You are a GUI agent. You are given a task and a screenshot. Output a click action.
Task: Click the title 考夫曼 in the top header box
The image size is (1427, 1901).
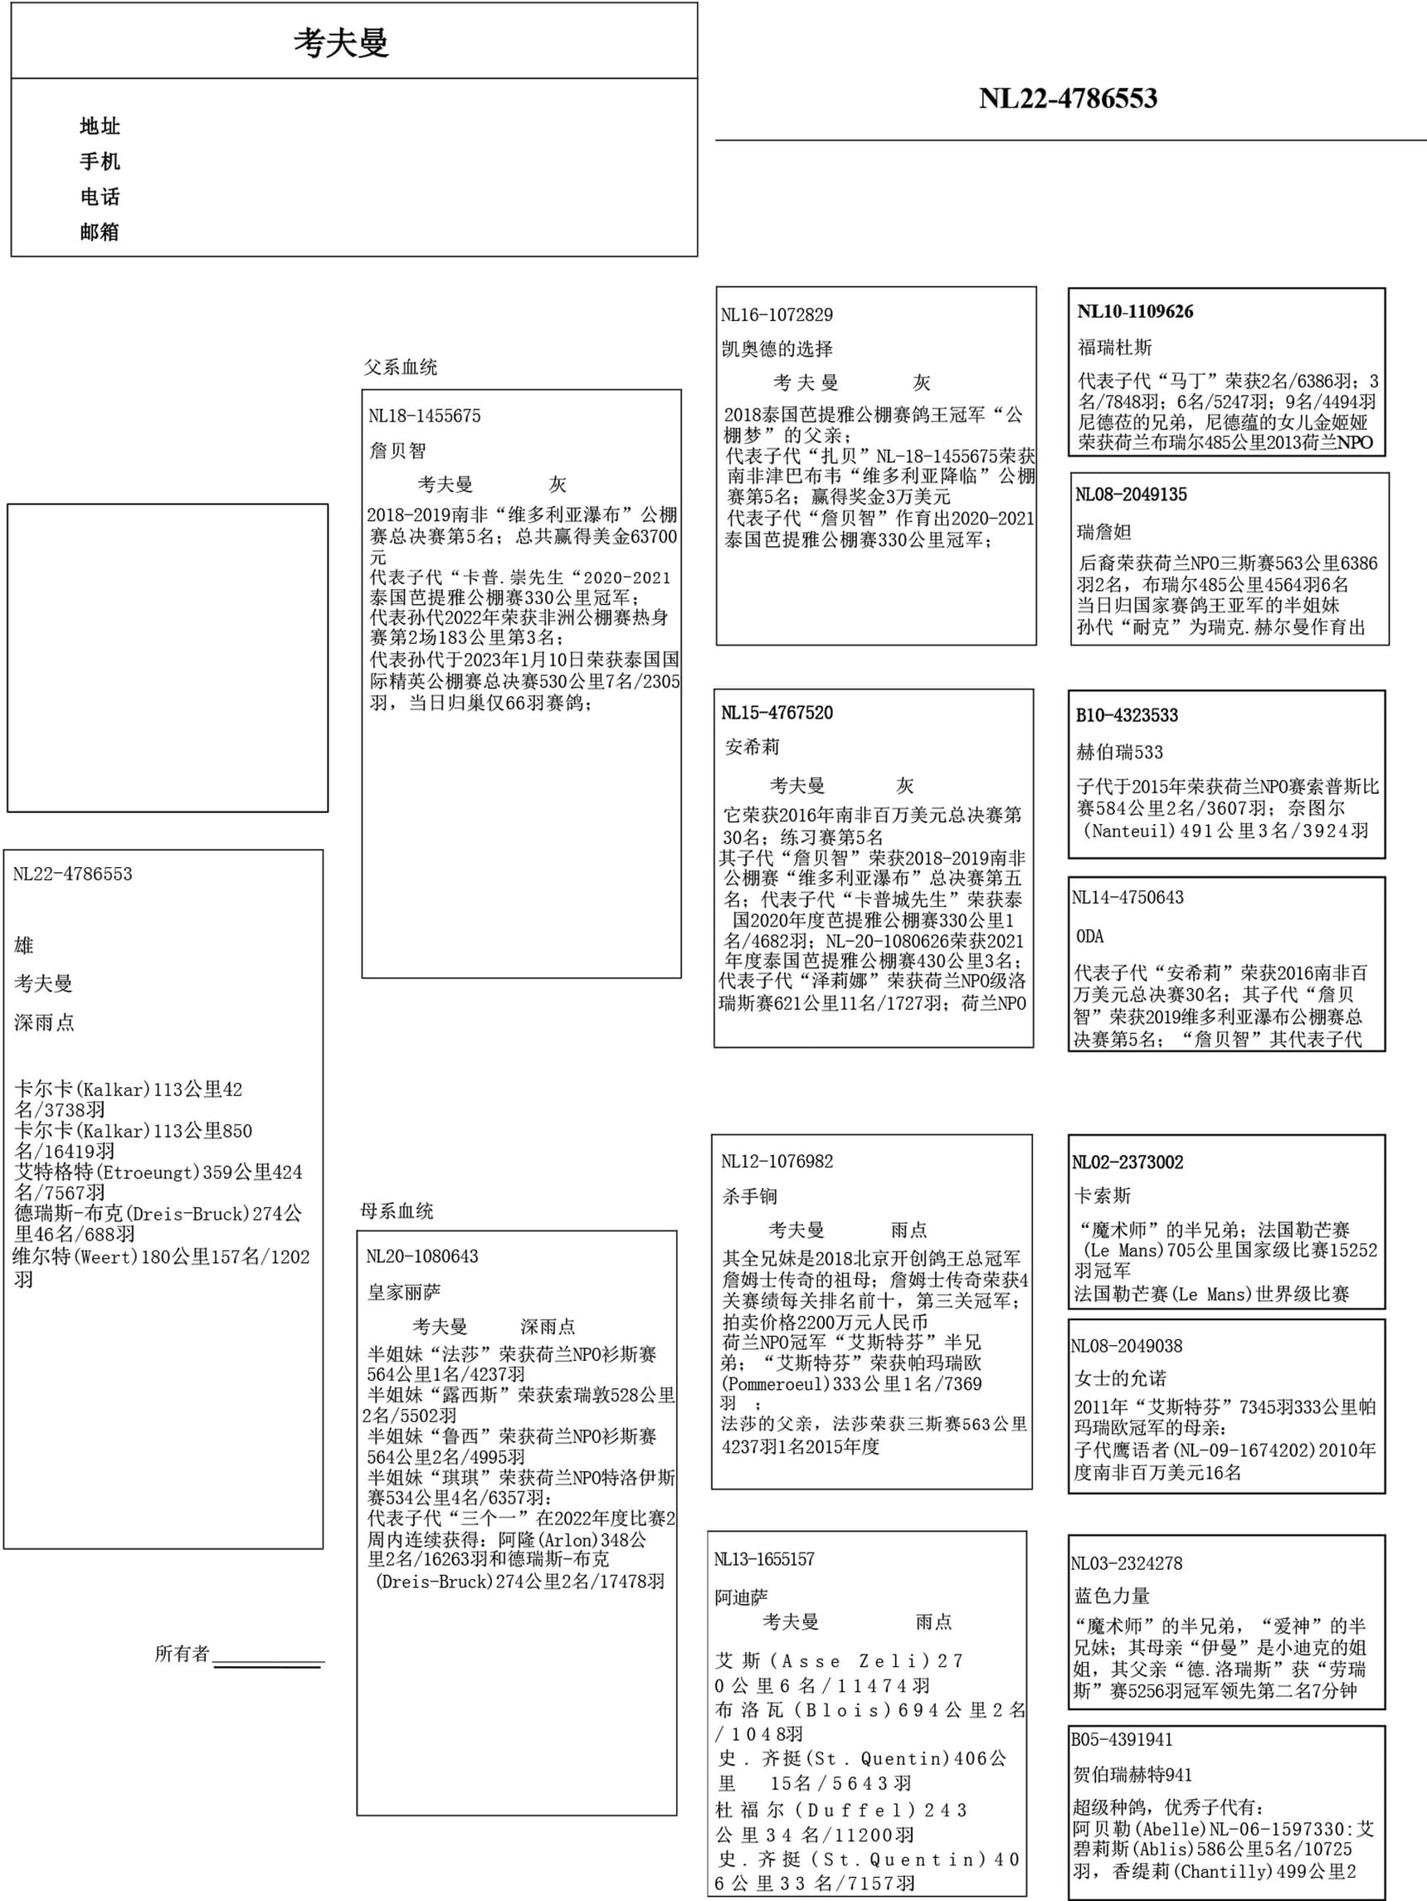[341, 43]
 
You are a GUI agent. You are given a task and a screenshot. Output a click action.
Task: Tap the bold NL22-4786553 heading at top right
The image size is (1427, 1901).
[1068, 99]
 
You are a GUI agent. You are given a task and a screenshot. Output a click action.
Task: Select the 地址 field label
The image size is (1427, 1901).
[100, 126]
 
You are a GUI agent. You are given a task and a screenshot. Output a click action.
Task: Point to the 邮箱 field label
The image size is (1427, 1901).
[100, 232]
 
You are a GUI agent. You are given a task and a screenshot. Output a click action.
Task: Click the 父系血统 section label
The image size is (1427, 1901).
[401, 368]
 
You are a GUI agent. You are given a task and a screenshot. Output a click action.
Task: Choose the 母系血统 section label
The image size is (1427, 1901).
[397, 1211]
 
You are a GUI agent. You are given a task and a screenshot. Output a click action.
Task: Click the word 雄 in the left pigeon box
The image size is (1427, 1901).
[24, 946]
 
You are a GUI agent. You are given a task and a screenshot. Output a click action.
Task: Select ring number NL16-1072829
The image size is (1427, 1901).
[777, 315]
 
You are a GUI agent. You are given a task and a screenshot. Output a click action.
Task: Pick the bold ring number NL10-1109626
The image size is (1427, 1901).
[1135, 312]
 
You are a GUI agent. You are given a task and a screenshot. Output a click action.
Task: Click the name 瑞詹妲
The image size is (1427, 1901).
[1104, 532]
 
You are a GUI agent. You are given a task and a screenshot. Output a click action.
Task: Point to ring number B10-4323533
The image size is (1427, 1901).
[1127, 716]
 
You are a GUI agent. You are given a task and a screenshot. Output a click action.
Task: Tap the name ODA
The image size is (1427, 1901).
[1089, 937]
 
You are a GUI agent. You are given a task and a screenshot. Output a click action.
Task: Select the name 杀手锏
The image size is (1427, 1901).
[750, 1197]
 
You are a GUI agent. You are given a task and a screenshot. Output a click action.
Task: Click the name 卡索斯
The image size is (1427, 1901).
[1103, 1197]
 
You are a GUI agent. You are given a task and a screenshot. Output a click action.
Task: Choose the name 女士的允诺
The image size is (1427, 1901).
[1120, 1378]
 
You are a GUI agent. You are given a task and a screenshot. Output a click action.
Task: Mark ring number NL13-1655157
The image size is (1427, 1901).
[764, 1560]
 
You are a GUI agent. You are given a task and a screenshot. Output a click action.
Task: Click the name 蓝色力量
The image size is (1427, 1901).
[1112, 1596]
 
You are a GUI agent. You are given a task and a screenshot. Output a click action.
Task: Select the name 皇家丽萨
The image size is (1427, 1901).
[404, 1293]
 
